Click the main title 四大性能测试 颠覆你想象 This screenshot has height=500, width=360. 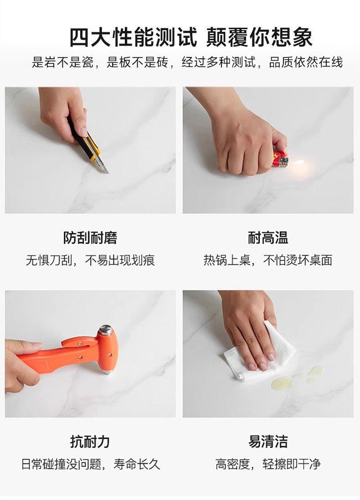190,38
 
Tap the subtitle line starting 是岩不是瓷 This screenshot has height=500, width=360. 187,62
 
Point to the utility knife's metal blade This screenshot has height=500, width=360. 103,165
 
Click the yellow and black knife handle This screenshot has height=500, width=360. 84,139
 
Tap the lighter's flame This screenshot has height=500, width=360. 297,164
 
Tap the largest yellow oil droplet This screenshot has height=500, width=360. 281,383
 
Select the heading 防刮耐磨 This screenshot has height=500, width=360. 90,237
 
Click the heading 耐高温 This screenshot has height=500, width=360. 268,237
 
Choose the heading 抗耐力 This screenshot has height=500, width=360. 90,442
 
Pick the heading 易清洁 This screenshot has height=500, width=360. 268,442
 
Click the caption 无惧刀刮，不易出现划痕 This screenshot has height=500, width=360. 90,260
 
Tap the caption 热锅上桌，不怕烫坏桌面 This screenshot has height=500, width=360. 268,260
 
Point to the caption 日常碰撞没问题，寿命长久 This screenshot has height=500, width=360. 90,464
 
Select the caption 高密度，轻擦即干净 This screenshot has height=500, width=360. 268,464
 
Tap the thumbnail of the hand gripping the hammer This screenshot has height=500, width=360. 90,354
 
